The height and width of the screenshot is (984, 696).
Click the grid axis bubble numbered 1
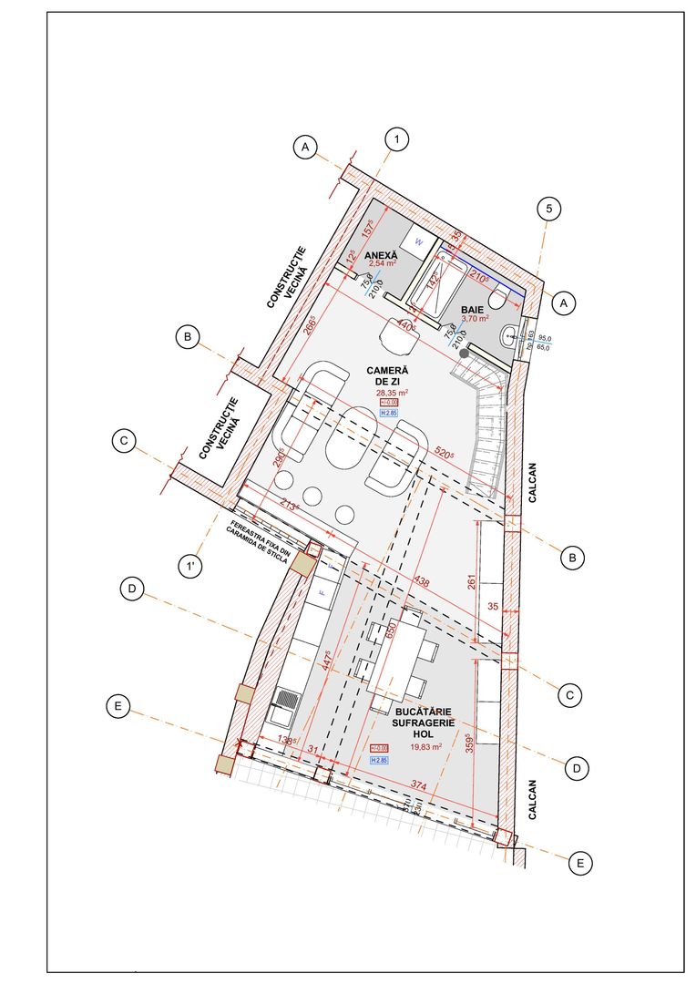(396, 139)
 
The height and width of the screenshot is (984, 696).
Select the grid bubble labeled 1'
(190, 566)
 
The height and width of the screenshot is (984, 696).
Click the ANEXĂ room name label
(381, 256)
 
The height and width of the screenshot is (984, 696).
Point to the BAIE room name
(472, 310)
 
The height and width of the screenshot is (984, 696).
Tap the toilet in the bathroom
(498, 299)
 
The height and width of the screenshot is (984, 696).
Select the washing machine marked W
(419, 241)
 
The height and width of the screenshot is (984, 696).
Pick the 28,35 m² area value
(393, 393)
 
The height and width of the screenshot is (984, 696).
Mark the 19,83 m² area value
(425, 746)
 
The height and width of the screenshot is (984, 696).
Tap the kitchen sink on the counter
(284, 702)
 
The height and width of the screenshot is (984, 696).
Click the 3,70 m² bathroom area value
(476, 320)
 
